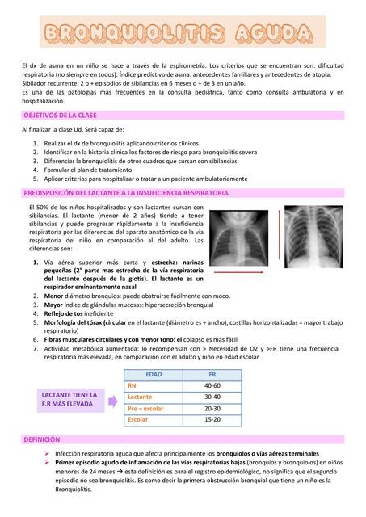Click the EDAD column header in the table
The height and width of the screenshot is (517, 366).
pos(153,375)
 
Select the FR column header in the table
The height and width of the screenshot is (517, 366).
pos(212,375)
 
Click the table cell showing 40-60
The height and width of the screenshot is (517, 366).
pos(212,386)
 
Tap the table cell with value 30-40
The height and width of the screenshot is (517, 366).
pos(212,397)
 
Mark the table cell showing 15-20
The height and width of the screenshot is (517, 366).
pos(212,420)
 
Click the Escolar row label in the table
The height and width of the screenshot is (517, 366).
pos(138,420)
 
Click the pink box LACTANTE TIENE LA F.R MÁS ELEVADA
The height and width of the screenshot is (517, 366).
pos(70,399)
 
